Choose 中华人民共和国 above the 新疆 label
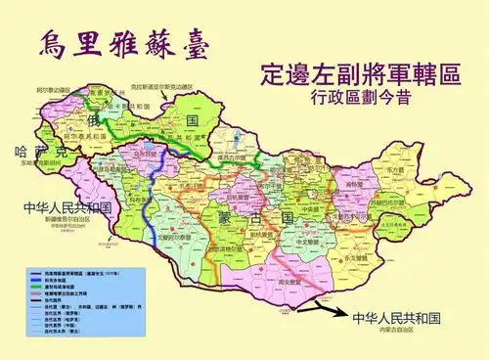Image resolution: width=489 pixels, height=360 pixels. pyautogui.click(x=67, y=208)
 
